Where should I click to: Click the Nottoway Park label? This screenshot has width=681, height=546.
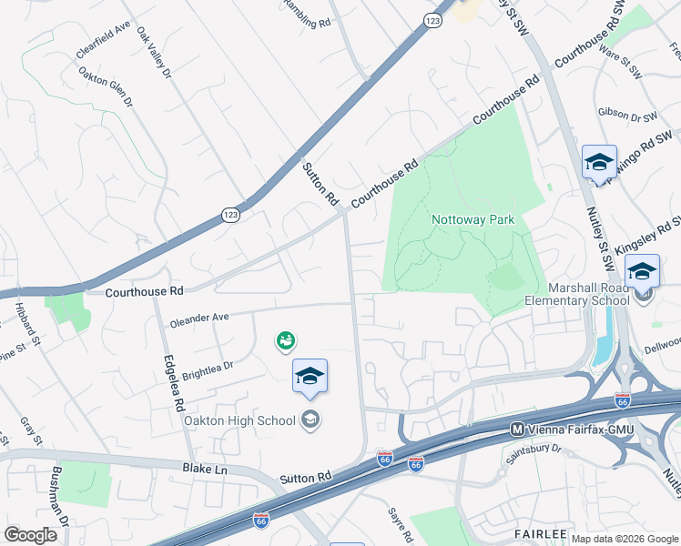click(473, 219)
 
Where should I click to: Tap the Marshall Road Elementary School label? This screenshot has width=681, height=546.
click(576, 293)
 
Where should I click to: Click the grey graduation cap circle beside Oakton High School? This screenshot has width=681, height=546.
click(310, 420)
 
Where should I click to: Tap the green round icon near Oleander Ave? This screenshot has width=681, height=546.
click(286, 341)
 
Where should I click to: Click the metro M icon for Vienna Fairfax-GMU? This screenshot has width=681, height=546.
click(516, 429)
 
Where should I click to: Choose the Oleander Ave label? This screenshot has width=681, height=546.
click(198, 320)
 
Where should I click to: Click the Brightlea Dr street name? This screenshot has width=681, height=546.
click(208, 369)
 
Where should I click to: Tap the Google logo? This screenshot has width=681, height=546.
click(30, 534)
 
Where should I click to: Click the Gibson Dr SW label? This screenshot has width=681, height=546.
click(627, 115)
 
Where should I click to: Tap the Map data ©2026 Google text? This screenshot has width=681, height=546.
click(624, 539)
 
